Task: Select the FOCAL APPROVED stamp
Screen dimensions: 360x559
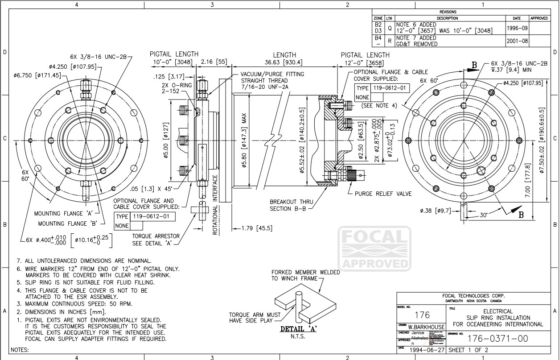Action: (374, 248)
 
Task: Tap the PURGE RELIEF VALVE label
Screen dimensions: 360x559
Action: (383, 194)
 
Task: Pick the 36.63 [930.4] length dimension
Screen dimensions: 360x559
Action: (284, 62)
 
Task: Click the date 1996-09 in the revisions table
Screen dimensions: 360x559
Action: (517, 28)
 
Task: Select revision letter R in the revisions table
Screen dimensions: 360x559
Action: (390, 41)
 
